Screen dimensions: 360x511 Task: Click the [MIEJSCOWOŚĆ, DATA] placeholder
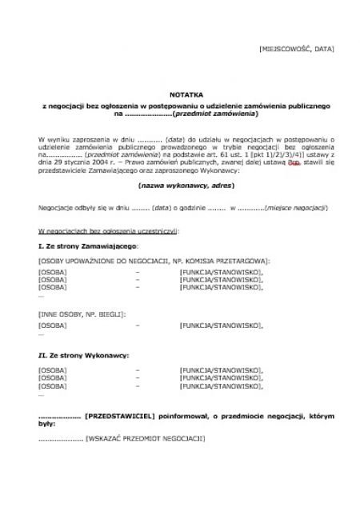297,50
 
